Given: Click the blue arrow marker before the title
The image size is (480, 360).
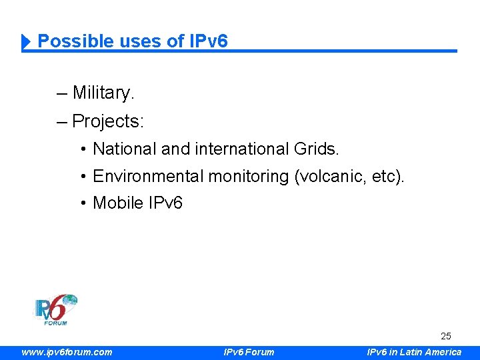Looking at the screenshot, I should coord(27,42).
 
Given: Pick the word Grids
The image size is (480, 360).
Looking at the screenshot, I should coord(316,149).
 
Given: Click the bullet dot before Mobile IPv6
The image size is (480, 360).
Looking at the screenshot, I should coord(83,203).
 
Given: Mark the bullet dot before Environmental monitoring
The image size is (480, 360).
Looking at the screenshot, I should coord(83,177).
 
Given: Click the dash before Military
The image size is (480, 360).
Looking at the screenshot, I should coord(62,93).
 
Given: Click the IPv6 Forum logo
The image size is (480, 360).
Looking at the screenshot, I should coord(56,310).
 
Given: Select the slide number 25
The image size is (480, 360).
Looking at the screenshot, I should coord(445,337).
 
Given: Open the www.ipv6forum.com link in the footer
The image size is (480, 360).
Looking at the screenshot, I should coord(67,352).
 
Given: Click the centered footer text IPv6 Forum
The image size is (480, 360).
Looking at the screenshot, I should coord(248,352).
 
